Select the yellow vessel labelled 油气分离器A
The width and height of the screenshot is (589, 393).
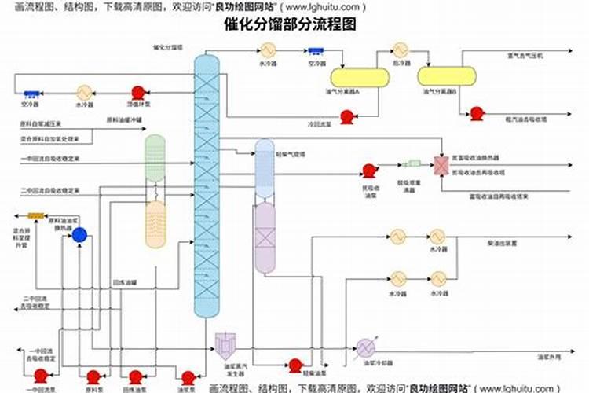[359, 77]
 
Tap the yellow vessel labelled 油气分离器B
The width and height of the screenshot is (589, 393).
[447, 76]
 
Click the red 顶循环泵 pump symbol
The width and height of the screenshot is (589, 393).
[138, 92]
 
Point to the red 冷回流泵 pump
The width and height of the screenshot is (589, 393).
[346, 116]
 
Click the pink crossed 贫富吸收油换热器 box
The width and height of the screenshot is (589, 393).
[440, 164]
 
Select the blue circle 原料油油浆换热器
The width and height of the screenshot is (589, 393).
[79, 234]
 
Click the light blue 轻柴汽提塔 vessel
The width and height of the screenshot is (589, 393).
[265, 169]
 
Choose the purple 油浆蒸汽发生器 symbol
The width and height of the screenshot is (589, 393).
[226, 344]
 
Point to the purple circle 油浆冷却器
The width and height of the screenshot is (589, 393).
[365, 347]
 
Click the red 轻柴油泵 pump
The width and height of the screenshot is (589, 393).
[295, 365]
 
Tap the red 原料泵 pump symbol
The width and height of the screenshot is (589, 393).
[93, 376]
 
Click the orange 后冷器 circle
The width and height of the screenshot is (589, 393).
[401, 49]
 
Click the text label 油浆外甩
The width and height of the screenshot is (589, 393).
[547, 356]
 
